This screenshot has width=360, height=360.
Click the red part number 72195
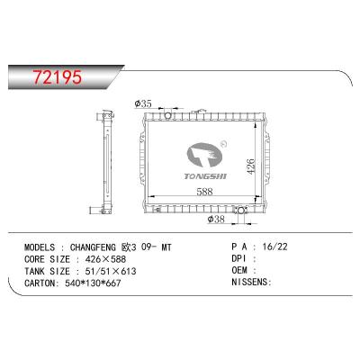click(58, 76)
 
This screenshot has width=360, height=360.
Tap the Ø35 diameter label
click(143, 103)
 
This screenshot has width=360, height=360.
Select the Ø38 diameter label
click(216, 220)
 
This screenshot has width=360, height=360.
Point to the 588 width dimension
click(204, 192)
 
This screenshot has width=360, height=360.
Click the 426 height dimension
click(251, 166)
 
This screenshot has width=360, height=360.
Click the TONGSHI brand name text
click(205, 176)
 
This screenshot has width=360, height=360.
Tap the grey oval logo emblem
click(204, 155)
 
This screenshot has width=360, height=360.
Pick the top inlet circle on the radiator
click(167, 115)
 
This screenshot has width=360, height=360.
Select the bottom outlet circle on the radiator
click(240, 211)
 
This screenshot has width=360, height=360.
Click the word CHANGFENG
click(93, 247)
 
